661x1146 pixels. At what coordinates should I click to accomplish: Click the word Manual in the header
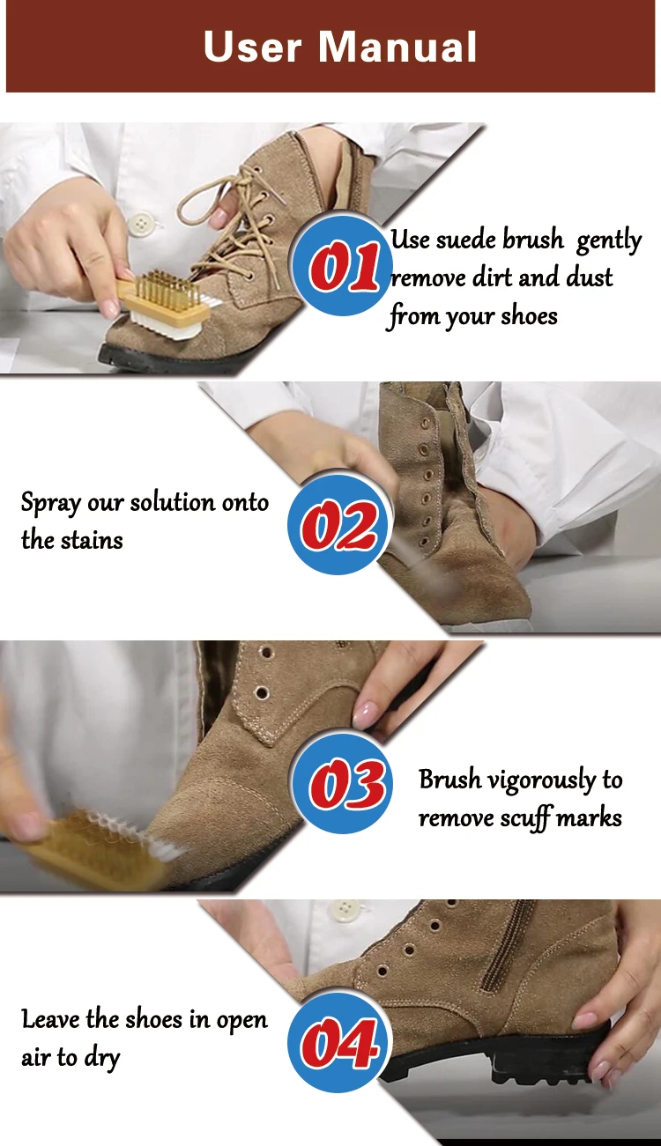click(x=397, y=47)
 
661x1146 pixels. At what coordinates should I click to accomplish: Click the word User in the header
click(x=252, y=47)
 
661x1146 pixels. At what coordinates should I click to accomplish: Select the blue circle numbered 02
click(x=339, y=524)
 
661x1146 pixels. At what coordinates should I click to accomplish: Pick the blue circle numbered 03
click(x=343, y=783)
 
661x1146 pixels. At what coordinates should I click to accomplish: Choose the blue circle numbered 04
click(x=339, y=1042)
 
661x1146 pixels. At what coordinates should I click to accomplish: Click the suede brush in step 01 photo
click(x=164, y=306)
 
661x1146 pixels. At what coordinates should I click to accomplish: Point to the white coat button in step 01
click(x=141, y=224)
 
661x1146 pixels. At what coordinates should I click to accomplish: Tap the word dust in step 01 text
click(x=590, y=277)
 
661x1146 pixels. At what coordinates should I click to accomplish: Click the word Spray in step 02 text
click(x=51, y=504)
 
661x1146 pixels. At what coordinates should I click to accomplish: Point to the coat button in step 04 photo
click(x=345, y=909)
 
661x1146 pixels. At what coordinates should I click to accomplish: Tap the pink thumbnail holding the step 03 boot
click(x=366, y=712)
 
